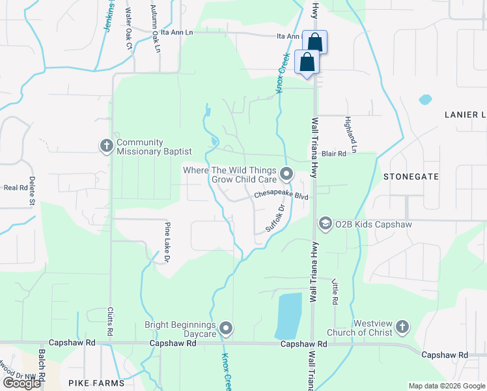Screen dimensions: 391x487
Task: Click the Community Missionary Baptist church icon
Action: click(106, 146)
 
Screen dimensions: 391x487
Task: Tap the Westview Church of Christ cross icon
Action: click(402, 326)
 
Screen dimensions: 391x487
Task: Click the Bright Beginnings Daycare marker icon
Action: click(226, 328)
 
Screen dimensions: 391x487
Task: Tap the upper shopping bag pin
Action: click(314, 42)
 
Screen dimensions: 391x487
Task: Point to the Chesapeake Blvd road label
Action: click(280, 194)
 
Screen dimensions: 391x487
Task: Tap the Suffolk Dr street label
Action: click(275, 219)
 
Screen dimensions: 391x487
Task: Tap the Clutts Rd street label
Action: click(110, 323)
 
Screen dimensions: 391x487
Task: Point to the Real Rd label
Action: click(14, 187)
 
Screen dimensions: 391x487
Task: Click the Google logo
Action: click(21, 383)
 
